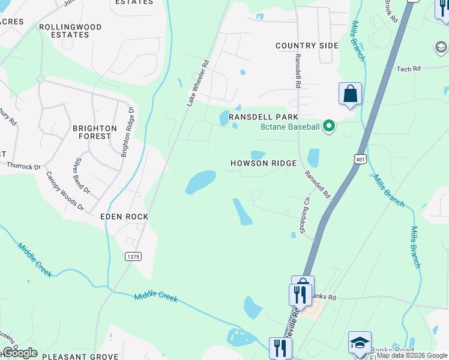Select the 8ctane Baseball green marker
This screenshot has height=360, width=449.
tap(328, 126)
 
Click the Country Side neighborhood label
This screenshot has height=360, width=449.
tap(307, 46)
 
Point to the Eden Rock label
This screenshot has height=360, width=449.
tap(124, 217)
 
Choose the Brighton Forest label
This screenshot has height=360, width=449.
tap(95, 132)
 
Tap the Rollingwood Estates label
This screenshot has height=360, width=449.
tap(70, 31)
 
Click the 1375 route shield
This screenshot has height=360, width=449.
tap(133, 256)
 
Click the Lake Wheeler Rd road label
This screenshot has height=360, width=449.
tap(197, 83)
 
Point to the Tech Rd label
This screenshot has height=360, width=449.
tap(408, 70)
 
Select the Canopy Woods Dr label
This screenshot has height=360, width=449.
tap(65, 191)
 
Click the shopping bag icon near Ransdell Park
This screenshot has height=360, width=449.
tap(350, 94)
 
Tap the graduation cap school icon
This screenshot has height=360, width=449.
tap(360, 343)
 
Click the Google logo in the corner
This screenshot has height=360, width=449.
tap(20, 353)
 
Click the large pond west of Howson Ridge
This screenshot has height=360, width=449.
tap(200, 182)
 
